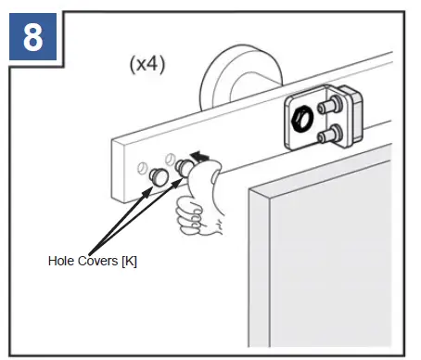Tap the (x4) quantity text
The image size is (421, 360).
coord(147,67)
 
